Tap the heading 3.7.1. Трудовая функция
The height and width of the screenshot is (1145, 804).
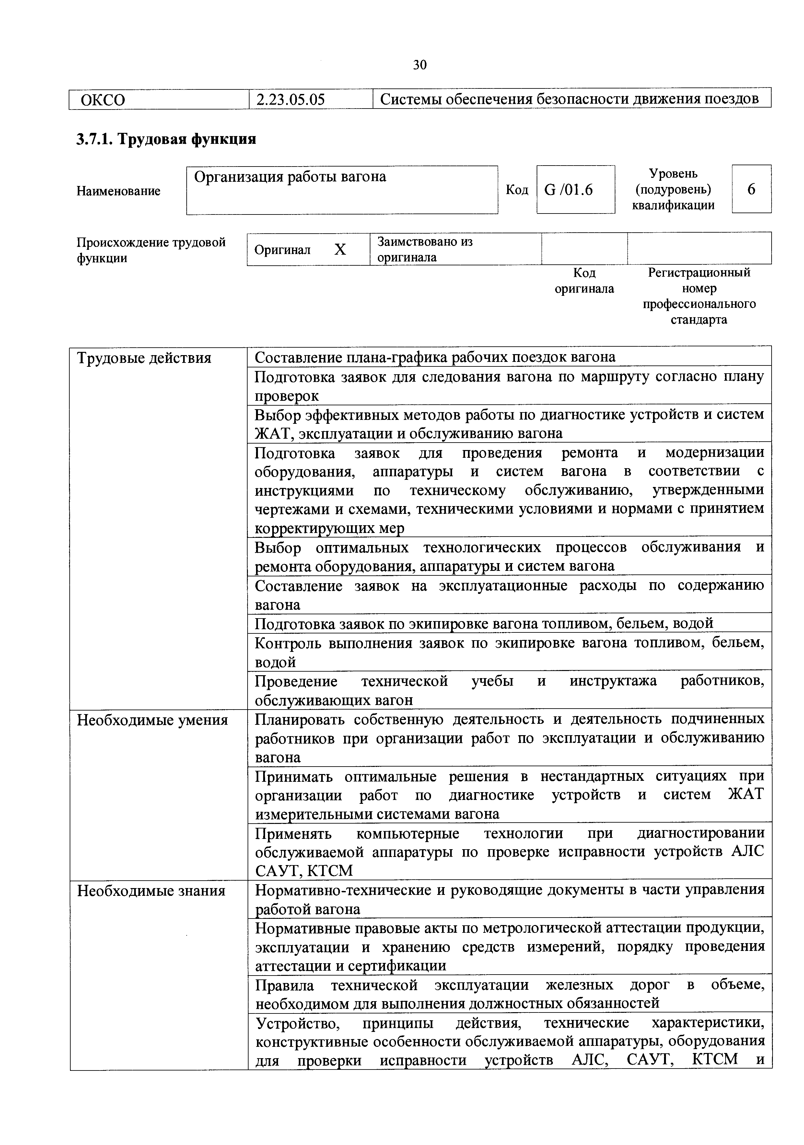click(166, 139)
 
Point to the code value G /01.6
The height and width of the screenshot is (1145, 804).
click(569, 190)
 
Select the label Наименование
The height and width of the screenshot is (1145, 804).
click(118, 191)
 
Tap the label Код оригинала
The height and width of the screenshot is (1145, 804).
click(584, 281)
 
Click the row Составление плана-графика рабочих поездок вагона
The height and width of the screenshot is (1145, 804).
click(435, 357)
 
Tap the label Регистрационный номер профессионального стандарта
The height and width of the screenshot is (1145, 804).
click(698, 296)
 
